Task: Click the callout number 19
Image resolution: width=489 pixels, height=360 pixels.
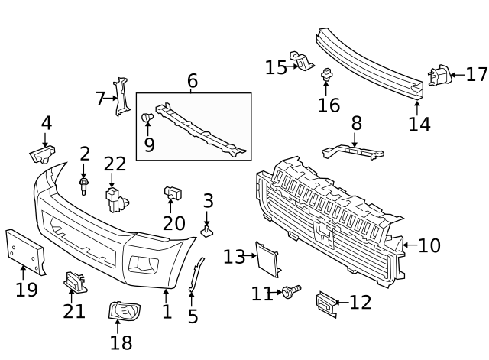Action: point(27,289)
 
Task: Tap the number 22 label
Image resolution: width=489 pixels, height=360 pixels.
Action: point(115,164)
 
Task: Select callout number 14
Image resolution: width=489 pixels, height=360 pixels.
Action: point(419,124)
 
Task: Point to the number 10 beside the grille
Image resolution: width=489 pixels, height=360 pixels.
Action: point(429,245)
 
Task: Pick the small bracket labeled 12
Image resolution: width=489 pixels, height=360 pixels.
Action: point(325,304)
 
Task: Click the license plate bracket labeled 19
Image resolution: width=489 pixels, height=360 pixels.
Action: point(24,248)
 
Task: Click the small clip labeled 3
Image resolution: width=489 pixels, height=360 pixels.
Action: point(207,228)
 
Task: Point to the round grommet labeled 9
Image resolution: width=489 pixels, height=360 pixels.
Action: point(147,118)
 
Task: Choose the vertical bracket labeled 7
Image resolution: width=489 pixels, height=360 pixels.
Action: point(121,97)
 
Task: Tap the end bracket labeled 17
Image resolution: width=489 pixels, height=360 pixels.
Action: point(439,76)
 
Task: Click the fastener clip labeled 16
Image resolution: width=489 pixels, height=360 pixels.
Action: point(327,74)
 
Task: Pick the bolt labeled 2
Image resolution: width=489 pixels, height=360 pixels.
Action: point(84,185)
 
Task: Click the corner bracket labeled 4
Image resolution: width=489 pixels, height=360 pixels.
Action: point(42,155)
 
